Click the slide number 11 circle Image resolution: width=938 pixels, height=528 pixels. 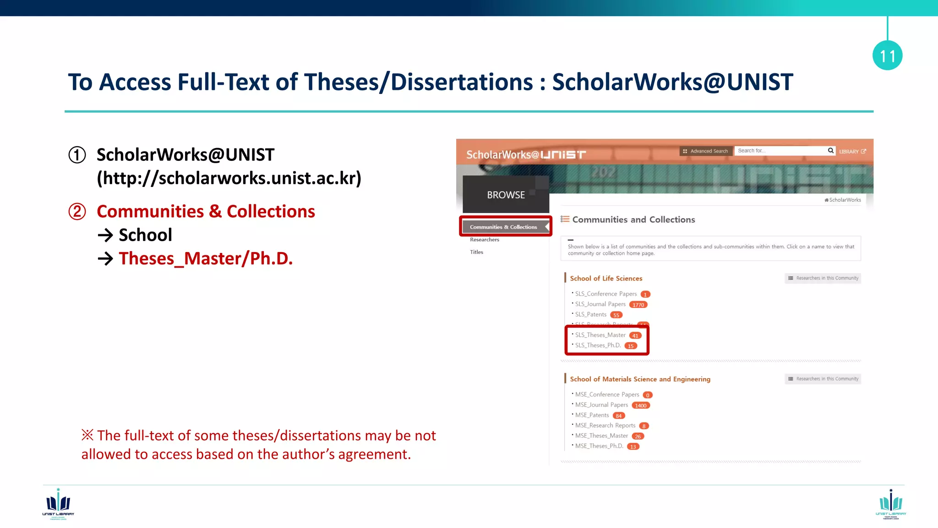click(x=887, y=55)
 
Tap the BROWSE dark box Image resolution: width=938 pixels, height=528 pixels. click(x=506, y=195)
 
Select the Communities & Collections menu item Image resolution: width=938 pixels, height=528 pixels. click(x=504, y=227)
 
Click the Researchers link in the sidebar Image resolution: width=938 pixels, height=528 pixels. click(x=485, y=240)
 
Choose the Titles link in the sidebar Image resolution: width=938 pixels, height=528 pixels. click(x=476, y=252)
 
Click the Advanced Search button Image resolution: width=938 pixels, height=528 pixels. click(x=705, y=151)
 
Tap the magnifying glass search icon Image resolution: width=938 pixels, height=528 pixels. click(x=830, y=151)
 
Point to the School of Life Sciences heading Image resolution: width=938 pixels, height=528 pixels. click(x=606, y=278)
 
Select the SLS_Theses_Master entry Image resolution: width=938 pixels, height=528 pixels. click(x=600, y=335)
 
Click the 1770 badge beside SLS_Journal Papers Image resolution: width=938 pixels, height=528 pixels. click(x=638, y=305)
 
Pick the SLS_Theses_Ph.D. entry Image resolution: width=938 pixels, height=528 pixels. click(x=598, y=346)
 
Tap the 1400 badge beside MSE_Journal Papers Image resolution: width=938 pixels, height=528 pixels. click(x=641, y=406)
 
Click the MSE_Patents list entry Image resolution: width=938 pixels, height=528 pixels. click(x=592, y=415)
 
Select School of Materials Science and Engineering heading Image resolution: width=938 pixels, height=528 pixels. click(x=640, y=379)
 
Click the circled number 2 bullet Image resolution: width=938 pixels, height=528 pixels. click(x=77, y=212)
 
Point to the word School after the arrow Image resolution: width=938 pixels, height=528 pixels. click(x=145, y=235)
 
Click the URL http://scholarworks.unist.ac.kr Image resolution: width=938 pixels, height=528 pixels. click(x=229, y=178)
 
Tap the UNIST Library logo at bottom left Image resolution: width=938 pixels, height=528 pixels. click(x=58, y=504)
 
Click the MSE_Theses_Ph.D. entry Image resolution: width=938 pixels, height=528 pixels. click(x=599, y=446)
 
